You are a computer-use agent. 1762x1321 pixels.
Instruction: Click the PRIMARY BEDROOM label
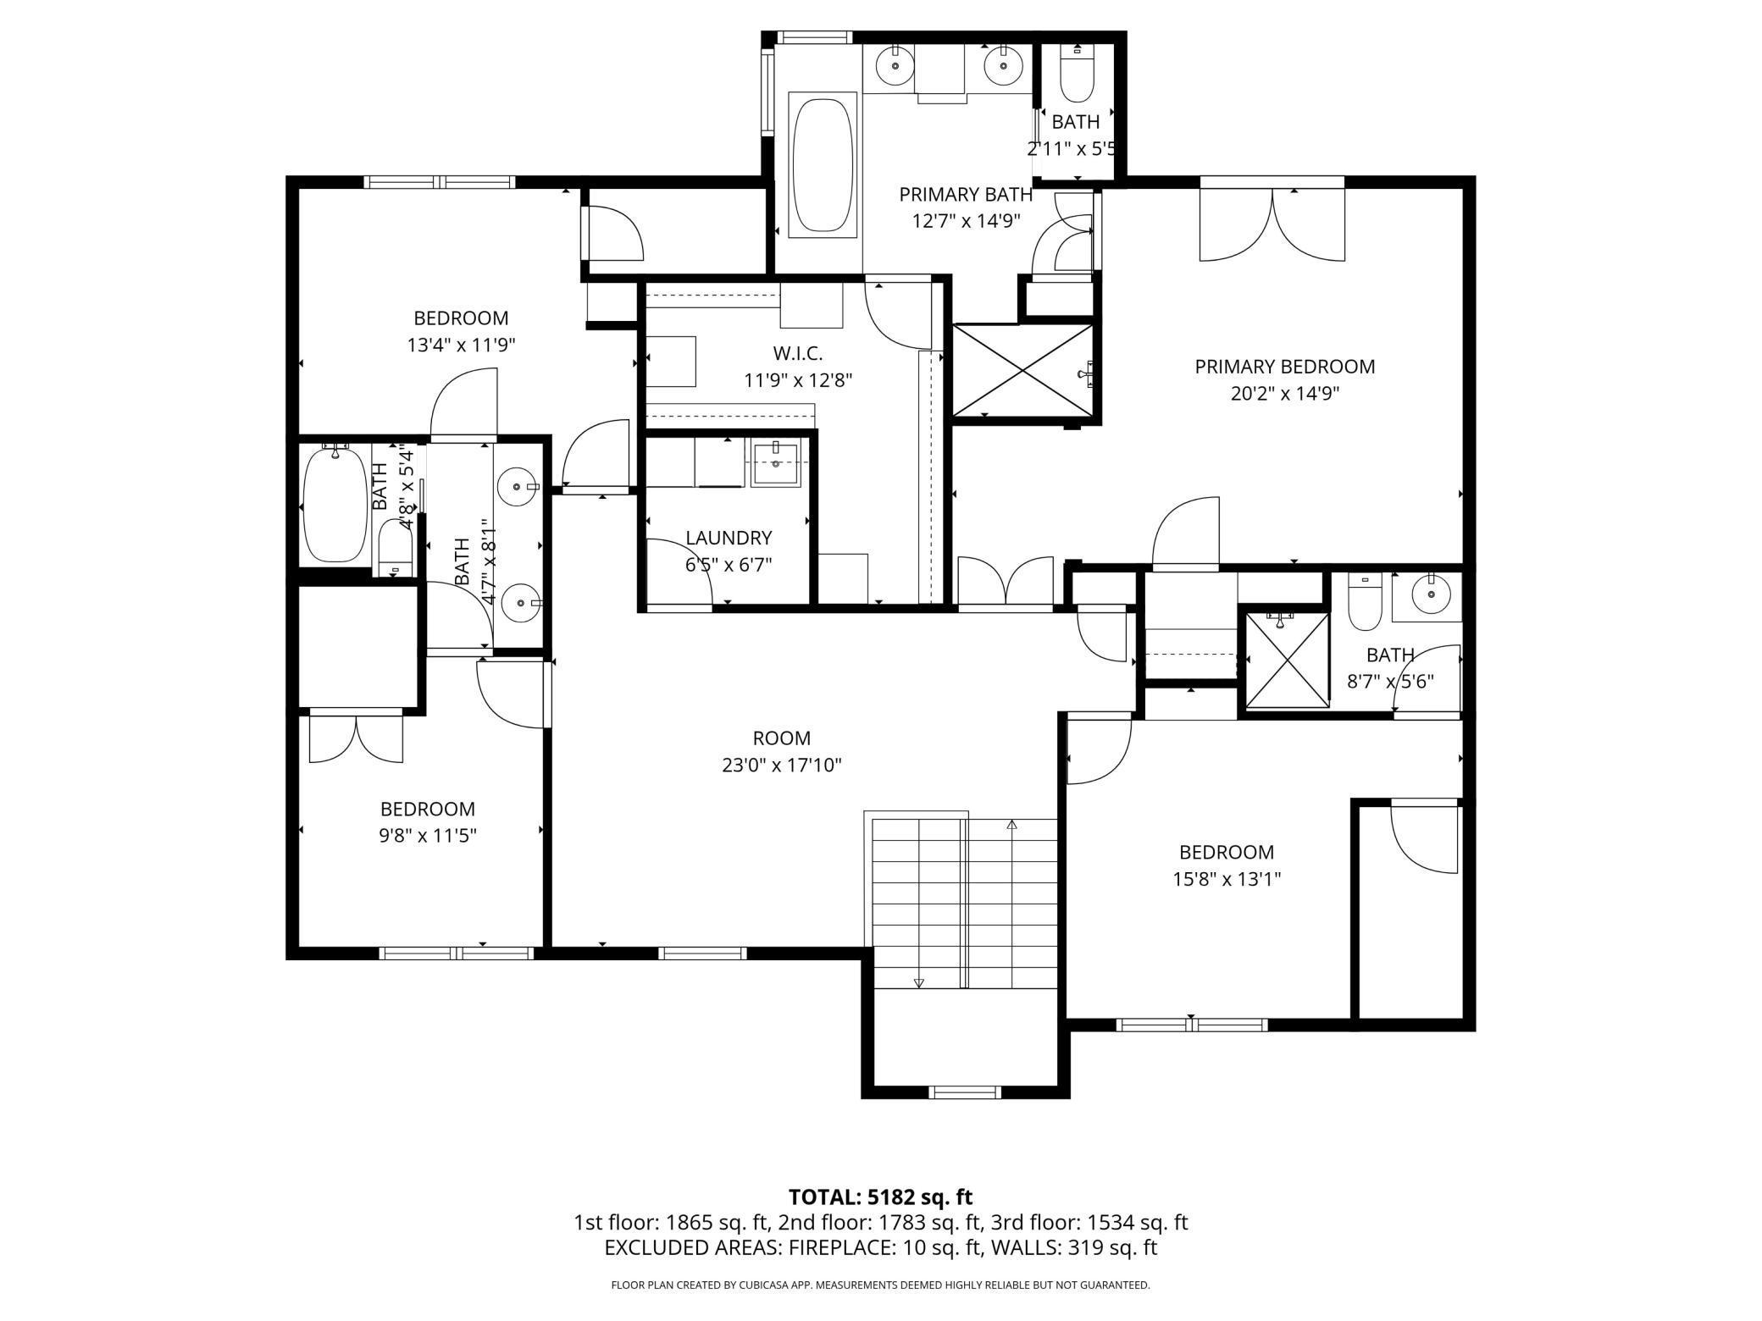[x=1284, y=367]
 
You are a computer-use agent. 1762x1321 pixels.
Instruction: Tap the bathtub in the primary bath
[x=822, y=164]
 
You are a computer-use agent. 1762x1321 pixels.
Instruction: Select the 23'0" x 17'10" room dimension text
[x=781, y=766]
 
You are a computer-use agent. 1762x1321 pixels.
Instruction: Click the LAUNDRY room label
[x=729, y=538]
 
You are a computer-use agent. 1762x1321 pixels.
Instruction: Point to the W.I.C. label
[x=797, y=353]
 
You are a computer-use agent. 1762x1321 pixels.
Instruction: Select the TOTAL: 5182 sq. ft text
[x=880, y=1197]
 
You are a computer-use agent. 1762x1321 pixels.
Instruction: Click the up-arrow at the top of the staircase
[x=1011, y=824]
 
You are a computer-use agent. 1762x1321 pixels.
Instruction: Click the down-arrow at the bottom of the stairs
[x=919, y=982]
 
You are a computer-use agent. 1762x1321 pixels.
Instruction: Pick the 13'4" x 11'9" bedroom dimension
[x=461, y=345]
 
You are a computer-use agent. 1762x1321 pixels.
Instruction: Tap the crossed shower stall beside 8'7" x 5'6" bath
[x=1284, y=658]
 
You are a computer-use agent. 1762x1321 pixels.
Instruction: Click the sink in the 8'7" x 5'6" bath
[x=1431, y=595]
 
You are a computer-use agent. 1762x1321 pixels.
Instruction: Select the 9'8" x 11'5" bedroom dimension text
[x=428, y=836]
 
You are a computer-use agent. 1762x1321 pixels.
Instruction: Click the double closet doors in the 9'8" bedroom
[x=357, y=738]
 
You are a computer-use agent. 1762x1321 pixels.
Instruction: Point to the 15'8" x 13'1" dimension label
[x=1226, y=879]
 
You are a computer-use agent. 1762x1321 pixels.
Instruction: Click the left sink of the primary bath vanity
[x=891, y=66]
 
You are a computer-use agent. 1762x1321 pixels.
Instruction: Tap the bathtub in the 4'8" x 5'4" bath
[x=335, y=505]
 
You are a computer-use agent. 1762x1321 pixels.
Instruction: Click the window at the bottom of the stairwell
[x=965, y=1092]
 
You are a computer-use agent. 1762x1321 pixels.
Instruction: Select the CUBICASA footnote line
[x=880, y=1285]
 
